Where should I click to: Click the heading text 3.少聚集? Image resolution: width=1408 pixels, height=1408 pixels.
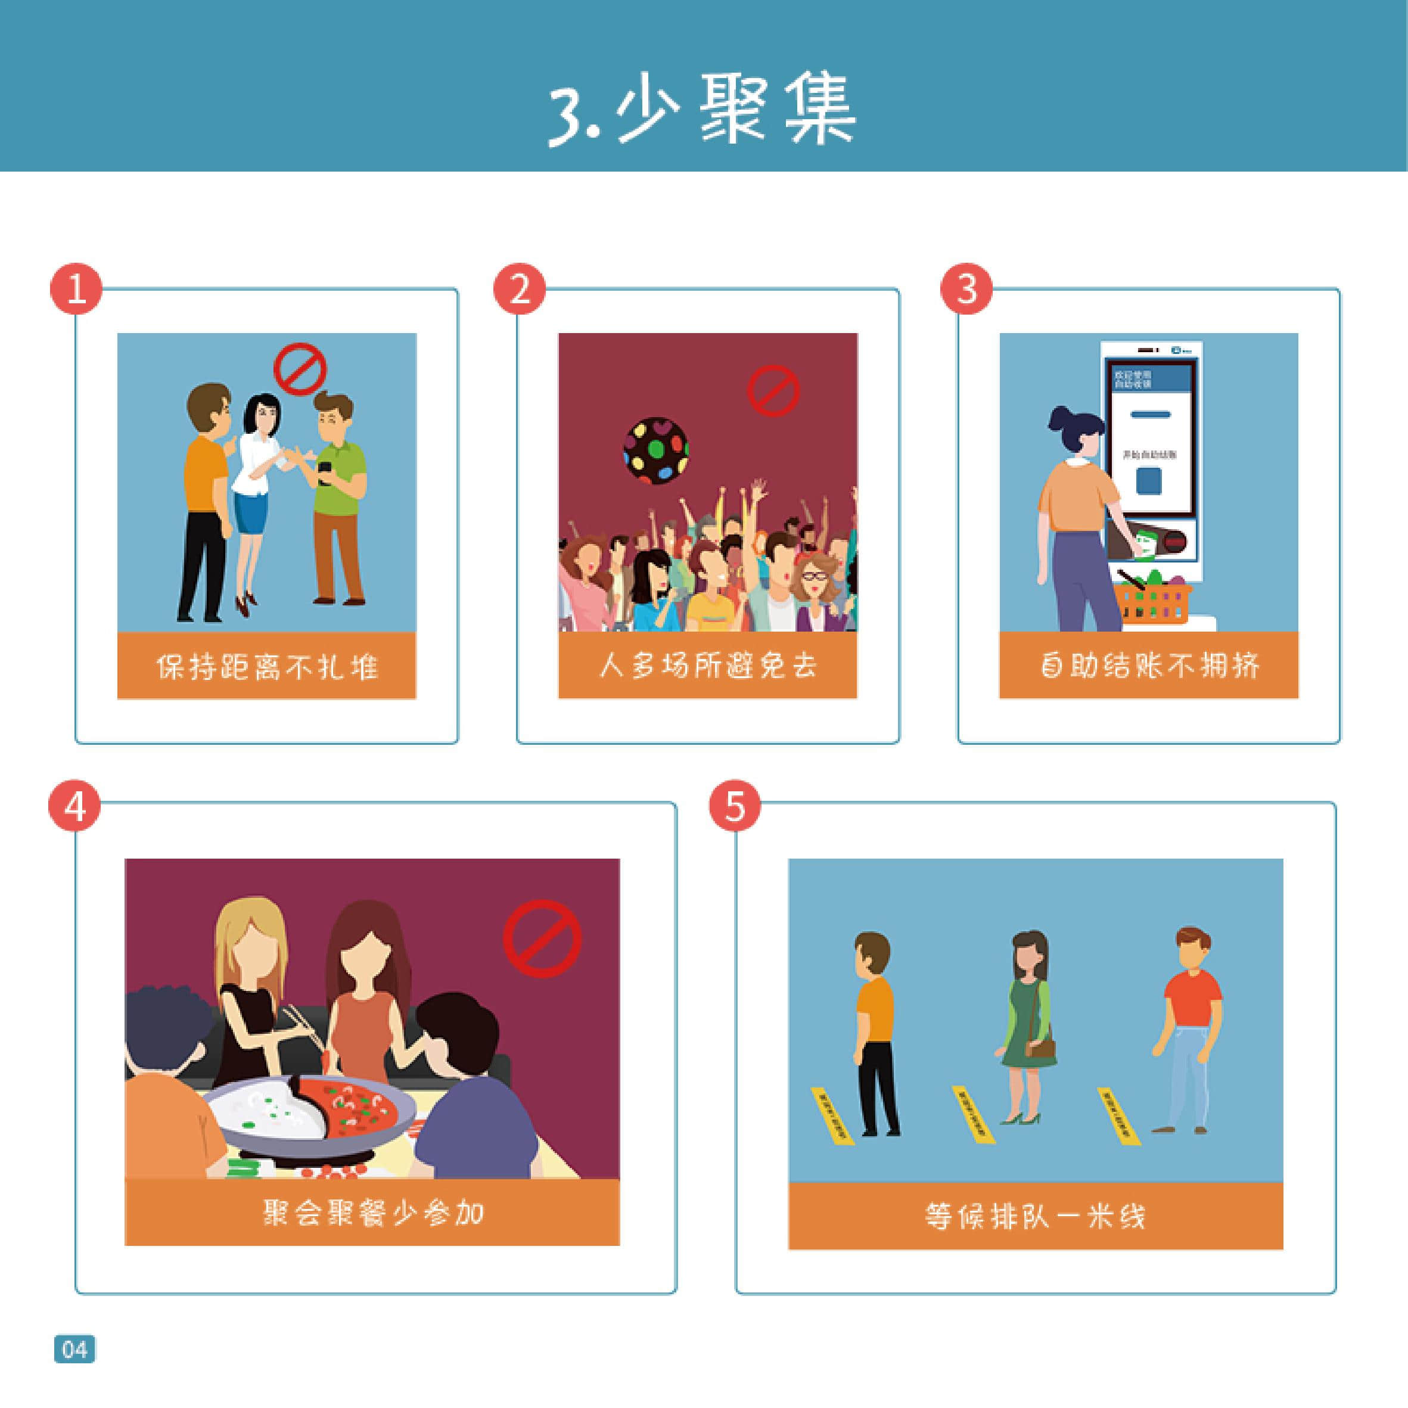tap(702, 109)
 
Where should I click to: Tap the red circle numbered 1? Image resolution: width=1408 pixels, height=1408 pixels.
tap(76, 290)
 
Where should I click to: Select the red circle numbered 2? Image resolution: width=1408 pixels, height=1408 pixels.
tap(520, 290)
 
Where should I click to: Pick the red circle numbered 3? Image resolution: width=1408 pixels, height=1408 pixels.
tap(966, 290)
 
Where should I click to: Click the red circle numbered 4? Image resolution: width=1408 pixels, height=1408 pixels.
tap(75, 807)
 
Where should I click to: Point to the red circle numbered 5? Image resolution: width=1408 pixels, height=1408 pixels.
tap(735, 807)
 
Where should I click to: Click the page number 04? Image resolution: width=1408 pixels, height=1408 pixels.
tap(74, 1349)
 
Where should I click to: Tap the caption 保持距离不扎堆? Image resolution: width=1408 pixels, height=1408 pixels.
tap(267, 666)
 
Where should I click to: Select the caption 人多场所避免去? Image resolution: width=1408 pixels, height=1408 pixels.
tap(708, 666)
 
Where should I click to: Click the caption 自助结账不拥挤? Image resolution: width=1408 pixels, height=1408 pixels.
tap(1149, 666)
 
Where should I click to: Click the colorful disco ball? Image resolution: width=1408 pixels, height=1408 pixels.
tap(656, 450)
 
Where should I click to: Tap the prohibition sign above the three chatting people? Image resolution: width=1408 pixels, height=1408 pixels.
tap(300, 369)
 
